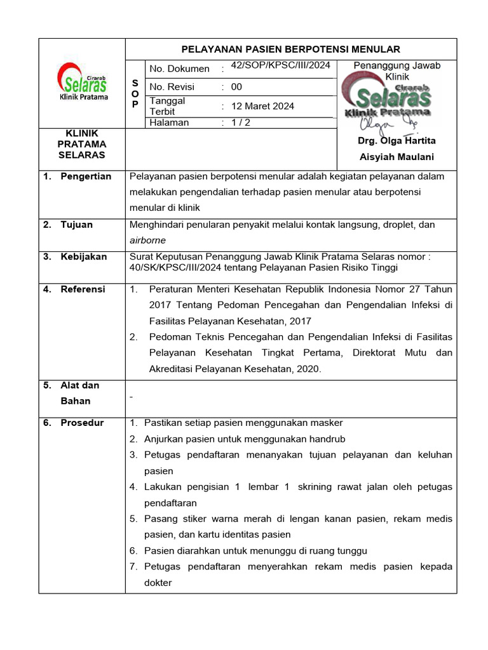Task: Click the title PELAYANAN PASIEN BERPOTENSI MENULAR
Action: click(291, 49)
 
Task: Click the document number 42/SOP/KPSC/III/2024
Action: click(280, 65)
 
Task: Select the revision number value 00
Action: click(236, 87)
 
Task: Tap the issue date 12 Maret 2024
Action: click(262, 106)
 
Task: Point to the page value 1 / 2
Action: click(240, 123)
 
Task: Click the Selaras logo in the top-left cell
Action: click(83, 82)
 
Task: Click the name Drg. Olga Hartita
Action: click(397, 141)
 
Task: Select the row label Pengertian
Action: click(86, 176)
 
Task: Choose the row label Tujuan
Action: click(76, 225)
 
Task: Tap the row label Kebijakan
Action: click(83, 257)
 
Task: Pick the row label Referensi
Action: click(83, 289)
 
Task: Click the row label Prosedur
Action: click(82, 423)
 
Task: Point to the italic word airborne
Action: click(147, 241)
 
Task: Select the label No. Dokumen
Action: click(179, 69)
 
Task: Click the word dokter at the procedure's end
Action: click(158, 583)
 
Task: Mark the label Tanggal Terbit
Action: click(167, 106)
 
